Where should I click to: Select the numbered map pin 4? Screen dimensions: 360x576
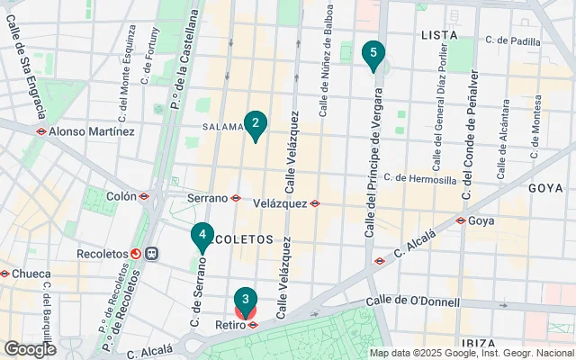pyautogui.click(x=202, y=237)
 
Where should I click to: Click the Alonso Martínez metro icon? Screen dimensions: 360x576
pyautogui.click(x=41, y=131)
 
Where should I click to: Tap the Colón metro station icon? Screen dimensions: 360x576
pyautogui.click(x=143, y=195)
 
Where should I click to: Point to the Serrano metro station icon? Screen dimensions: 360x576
pyautogui.click(x=236, y=198)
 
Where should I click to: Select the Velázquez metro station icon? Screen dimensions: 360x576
pyautogui.click(x=315, y=203)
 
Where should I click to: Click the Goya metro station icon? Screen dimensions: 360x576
pyautogui.click(x=460, y=220)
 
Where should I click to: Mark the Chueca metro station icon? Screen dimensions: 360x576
pyautogui.click(x=4, y=274)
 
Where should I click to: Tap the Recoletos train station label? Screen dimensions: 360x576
pyautogui.click(x=102, y=254)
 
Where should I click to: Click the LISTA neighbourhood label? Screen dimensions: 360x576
pyautogui.click(x=438, y=34)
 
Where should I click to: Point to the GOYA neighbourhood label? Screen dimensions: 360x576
pyautogui.click(x=545, y=188)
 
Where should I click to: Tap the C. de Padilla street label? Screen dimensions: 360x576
pyautogui.click(x=512, y=40)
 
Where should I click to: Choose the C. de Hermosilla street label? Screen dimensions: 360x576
pyautogui.click(x=419, y=179)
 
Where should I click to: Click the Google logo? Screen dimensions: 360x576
pyautogui.click(x=30, y=349)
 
